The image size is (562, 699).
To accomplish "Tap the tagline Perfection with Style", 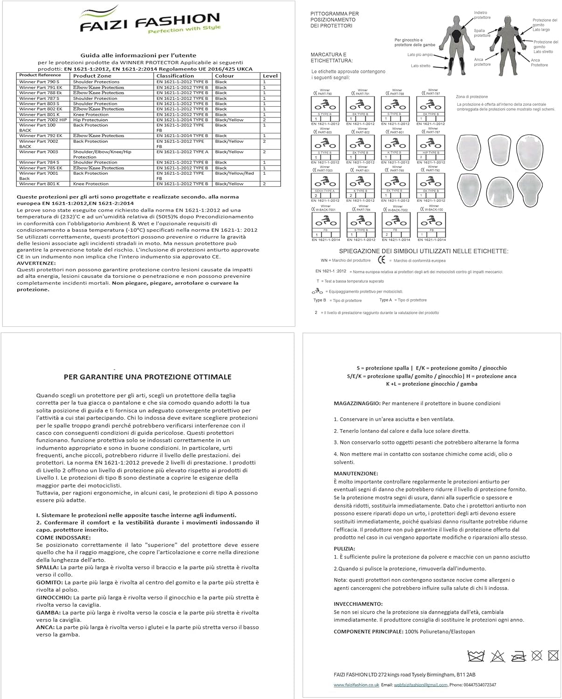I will click(184, 29).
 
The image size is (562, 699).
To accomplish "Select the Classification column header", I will click(175, 75).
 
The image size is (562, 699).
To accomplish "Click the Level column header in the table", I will click(270, 75).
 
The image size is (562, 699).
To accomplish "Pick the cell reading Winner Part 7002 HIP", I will click(43, 120).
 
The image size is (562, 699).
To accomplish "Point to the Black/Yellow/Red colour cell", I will click(234, 173).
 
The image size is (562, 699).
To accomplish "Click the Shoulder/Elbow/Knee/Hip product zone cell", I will click(102, 152).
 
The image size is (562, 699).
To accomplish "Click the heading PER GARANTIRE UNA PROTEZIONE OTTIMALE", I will click(147, 377).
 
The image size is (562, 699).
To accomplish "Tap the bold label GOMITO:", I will click(49, 582).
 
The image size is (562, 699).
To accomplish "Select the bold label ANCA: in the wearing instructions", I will click(45, 627).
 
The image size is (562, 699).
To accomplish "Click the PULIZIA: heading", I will click(344, 548).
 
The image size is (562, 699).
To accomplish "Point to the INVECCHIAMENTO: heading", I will click(358, 603).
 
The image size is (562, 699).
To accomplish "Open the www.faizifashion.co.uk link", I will click(356, 685).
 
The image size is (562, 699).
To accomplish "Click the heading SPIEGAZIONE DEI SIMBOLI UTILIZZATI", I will click(430, 251).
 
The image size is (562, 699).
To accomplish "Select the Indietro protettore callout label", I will click(482, 15).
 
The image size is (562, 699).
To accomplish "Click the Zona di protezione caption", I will click(472, 96).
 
